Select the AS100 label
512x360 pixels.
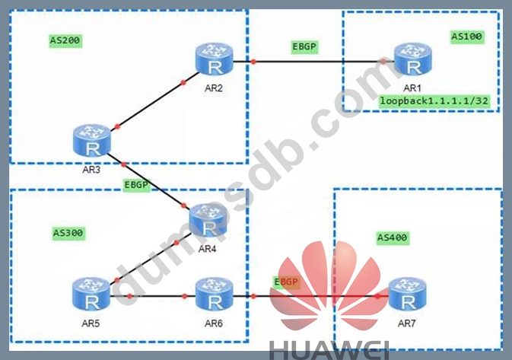[467, 36]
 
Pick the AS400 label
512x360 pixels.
[393, 238]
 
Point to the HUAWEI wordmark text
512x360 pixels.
[329, 349]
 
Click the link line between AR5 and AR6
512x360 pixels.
[160, 295]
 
